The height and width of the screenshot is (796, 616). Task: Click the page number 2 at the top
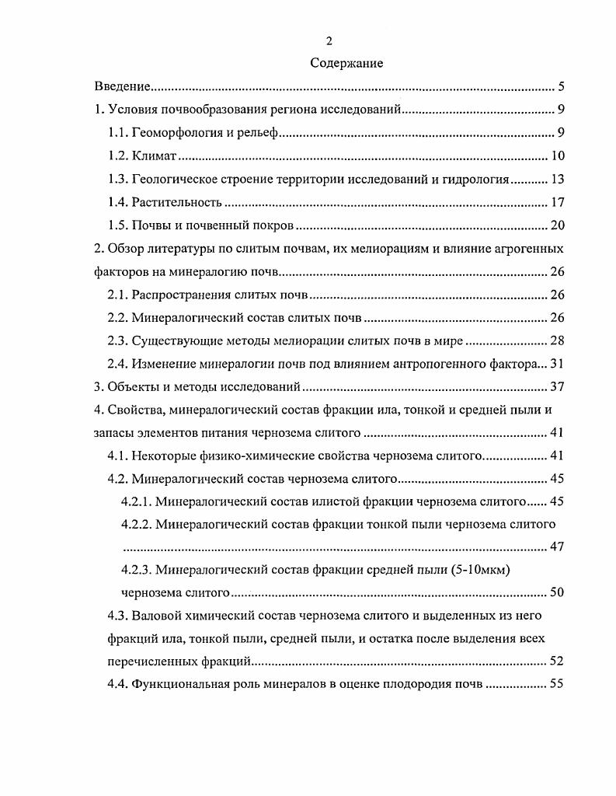click(x=329, y=41)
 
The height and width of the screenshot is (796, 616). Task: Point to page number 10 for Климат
click(x=557, y=156)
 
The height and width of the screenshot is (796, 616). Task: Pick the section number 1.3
click(x=118, y=180)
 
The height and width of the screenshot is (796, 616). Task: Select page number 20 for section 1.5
click(x=557, y=226)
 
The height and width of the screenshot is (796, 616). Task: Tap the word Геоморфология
click(x=179, y=133)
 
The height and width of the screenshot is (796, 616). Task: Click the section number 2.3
click(x=118, y=341)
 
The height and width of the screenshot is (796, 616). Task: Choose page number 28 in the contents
click(x=557, y=341)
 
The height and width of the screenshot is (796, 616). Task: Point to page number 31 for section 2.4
click(x=557, y=365)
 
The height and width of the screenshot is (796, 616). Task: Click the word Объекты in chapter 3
click(x=131, y=388)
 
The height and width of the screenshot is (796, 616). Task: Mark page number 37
click(x=557, y=388)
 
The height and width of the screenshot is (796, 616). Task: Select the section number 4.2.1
click(x=137, y=501)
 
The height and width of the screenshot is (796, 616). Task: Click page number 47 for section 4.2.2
click(x=557, y=546)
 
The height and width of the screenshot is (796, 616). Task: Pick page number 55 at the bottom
click(x=557, y=685)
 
